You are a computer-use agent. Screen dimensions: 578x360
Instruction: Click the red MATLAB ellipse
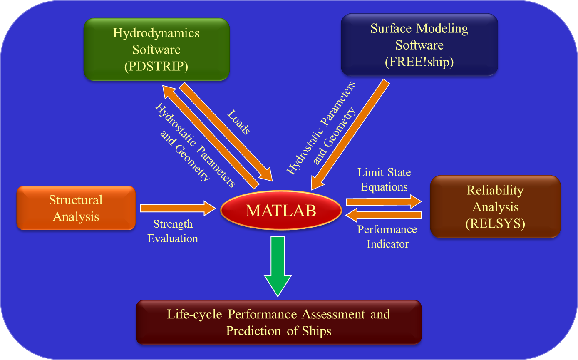281,210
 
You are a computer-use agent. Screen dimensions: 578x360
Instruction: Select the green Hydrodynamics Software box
156,50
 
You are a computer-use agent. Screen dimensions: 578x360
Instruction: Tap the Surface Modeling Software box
419,45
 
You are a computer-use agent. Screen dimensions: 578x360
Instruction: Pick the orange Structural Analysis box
76,208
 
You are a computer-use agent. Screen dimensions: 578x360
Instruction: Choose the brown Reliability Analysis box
496,207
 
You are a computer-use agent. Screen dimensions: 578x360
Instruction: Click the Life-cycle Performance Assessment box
279,322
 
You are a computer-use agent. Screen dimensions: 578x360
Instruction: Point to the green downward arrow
278,267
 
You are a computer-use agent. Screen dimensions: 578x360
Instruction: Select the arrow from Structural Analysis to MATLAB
178,208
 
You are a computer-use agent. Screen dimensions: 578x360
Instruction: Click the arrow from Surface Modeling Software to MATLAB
350,135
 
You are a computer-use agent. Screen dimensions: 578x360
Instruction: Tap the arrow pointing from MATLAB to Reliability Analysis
384,201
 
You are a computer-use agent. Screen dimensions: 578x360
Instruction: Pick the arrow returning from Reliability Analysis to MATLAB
383,215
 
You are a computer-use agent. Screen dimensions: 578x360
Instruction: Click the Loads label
239,122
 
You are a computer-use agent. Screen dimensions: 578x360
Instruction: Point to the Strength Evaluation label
173,231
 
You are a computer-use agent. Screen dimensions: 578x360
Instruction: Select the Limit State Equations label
384,179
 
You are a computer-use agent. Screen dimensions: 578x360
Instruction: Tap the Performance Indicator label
387,237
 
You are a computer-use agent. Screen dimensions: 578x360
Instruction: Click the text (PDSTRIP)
156,66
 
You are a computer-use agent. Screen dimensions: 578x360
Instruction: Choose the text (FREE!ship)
419,62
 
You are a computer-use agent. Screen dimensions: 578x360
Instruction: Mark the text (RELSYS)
496,223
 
